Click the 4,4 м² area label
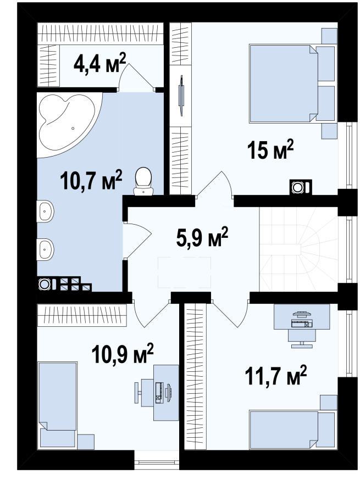point(99,63)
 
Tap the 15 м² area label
point(270,149)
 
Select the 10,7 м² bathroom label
point(91,180)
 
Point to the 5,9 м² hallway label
point(202,237)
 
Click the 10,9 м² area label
point(123,353)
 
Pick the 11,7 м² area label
point(275,375)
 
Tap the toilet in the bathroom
point(143,182)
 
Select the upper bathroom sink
point(45,211)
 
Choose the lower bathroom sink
point(45,249)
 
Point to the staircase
point(298,249)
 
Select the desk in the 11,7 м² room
point(302,316)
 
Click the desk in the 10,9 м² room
point(166,393)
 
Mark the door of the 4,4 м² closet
point(136,77)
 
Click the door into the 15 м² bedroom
point(215,185)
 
